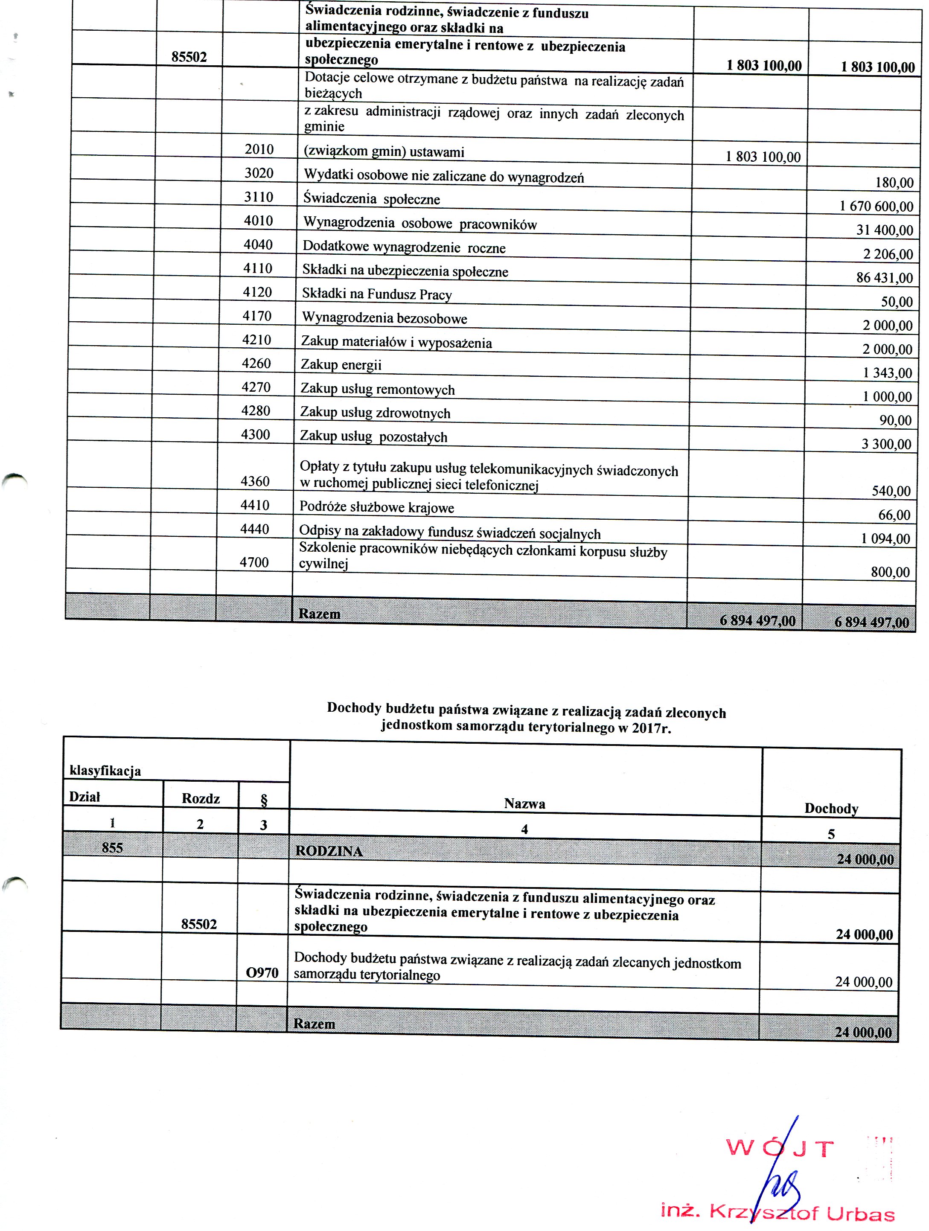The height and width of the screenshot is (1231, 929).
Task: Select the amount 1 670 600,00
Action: (x=876, y=207)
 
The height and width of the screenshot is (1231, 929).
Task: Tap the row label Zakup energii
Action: (x=341, y=365)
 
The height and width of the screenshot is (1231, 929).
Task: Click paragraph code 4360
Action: (x=255, y=481)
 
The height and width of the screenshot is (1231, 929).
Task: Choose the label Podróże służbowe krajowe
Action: (x=377, y=507)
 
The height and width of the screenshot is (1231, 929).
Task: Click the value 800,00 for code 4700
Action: (x=891, y=572)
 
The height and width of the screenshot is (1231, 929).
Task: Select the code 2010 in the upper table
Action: (x=259, y=149)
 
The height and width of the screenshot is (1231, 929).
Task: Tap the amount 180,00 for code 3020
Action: (x=894, y=183)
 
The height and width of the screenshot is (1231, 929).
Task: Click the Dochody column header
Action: (x=831, y=809)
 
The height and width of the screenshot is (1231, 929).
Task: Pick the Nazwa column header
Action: (x=524, y=803)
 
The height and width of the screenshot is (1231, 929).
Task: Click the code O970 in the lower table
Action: (x=262, y=973)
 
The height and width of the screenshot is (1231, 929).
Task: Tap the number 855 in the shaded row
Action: (x=112, y=847)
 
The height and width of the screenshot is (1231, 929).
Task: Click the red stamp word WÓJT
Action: (x=779, y=1149)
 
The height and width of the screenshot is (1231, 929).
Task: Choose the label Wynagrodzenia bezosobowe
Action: (x=384, y=318)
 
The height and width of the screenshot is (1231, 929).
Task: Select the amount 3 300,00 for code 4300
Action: (x=886, y=444)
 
